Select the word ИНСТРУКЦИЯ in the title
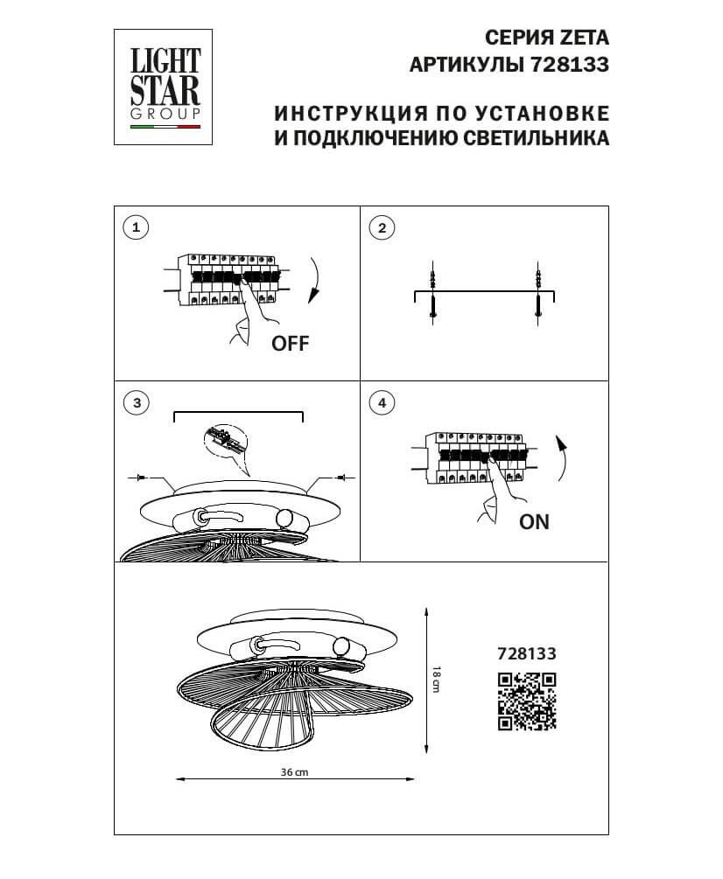point(341,115)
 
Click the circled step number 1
point(135,229)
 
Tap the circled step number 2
point(382,229)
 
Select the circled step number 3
point(135,403)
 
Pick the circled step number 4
point(382,403)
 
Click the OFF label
point(291,344)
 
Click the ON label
point(534,523)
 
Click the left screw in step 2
point(433,294)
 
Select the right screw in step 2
point(539,294)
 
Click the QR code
point(527,701)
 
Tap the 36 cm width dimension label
point(295,773)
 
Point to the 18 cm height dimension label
point(436,679)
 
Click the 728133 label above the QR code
point(527,652)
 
